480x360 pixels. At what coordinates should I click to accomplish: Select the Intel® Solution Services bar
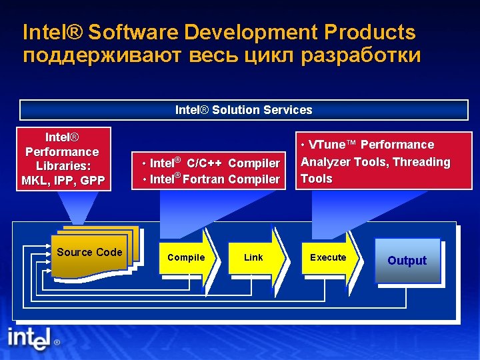(243, 110)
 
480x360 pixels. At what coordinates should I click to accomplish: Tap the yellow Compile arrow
(187, 258)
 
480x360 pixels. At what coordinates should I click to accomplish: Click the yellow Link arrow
(255, 258)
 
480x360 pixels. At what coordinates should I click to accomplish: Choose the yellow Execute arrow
(329, 258)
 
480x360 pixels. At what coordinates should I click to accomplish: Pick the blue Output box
(407, 261)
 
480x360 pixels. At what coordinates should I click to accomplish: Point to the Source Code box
(90, 253)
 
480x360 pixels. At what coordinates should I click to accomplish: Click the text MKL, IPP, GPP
(63, 181)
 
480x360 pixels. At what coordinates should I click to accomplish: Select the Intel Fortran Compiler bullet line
(212, 179)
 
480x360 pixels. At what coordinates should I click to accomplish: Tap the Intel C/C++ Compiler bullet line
(212, 163)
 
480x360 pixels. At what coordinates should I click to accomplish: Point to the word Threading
(421, 162)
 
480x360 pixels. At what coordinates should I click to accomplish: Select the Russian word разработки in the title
(361, 55)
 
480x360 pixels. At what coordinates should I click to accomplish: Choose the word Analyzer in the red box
(325, 162)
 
